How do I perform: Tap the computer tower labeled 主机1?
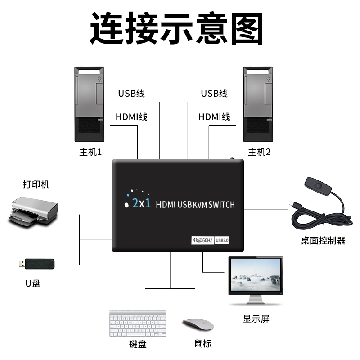[89, 104]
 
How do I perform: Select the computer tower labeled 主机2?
[257, 104]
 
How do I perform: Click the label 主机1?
[90, 152]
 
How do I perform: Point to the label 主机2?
[260, 152]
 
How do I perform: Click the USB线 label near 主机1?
[131, 94]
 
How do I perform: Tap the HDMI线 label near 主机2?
[214, 117]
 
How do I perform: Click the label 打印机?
[36, 184]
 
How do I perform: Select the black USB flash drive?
[37, 263]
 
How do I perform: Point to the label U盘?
[33, 283]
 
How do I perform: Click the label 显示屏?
[256, 319]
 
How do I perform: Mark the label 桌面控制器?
[323, 241]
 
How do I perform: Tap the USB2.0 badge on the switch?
[223, 240]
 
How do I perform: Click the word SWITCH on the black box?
[221, 205]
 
